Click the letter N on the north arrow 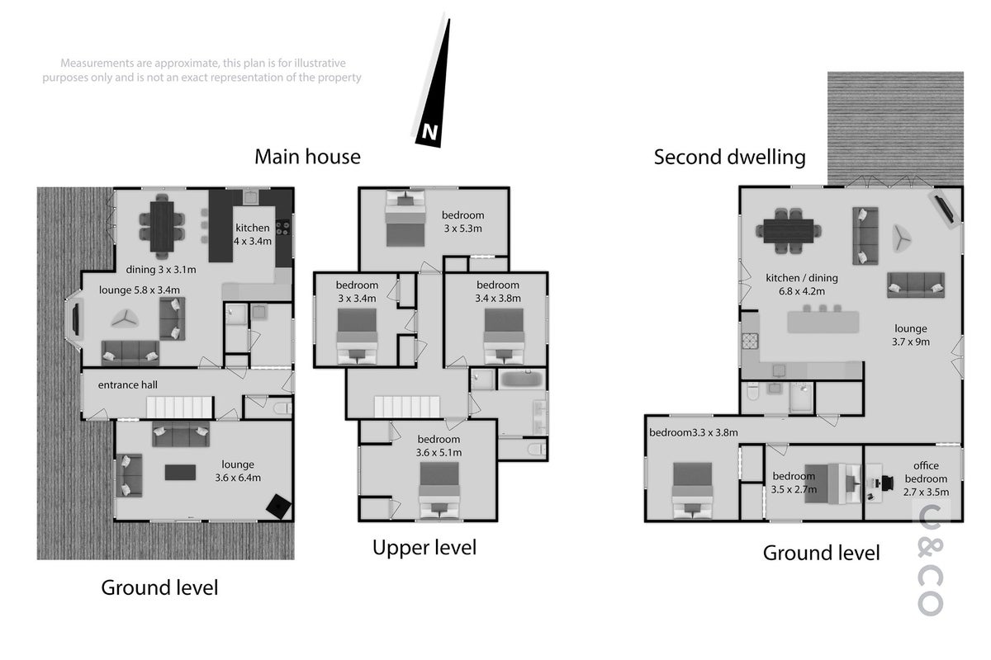click(429, 132)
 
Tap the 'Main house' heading click(307, 157)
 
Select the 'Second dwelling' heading click(729, 158)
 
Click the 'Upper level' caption click(424, 548)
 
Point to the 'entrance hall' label click(127, 385)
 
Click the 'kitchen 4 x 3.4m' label click(252, 234)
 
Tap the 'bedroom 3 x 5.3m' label click(462, 222)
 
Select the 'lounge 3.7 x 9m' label click(910, 335)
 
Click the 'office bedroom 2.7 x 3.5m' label click(926, 478)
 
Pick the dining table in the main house click(162, 226)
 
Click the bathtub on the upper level click(522, 379)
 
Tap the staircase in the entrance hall click(180, 408)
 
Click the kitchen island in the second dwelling click(823, 322)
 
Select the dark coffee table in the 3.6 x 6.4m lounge click(180, 472)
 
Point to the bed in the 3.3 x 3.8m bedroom click(692, 490)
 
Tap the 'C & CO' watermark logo click(931, 560)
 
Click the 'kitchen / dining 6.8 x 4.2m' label click(802, 285)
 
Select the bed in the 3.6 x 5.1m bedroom click(439, 490)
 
